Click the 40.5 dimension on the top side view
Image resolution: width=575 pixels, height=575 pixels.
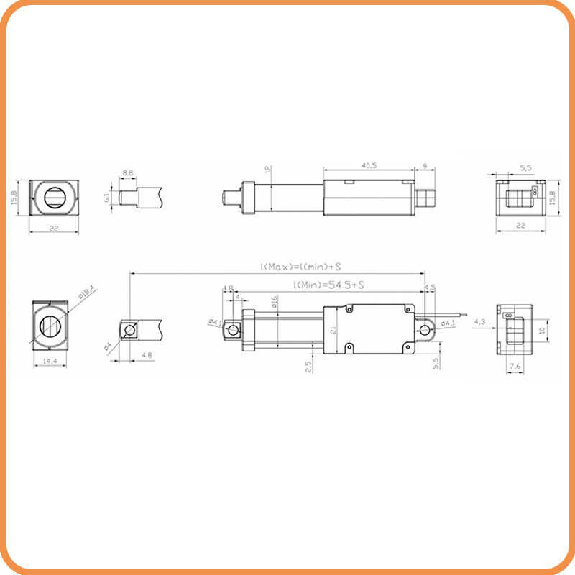tap(369, 166)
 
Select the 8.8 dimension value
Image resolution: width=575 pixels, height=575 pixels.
tap(128, 173)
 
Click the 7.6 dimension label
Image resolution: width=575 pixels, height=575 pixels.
tap(515, 366)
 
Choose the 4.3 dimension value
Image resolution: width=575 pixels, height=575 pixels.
tap(480, 321)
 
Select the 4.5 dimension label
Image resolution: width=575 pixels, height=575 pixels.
tap(430, 287)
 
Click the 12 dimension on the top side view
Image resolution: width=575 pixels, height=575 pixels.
tap(267, 170)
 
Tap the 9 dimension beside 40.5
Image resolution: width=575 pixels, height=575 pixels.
tap(425, 166)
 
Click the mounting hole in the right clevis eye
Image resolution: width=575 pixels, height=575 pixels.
tap(425, 330)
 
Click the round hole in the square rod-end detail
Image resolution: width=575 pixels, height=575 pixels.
tap(130, 331)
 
